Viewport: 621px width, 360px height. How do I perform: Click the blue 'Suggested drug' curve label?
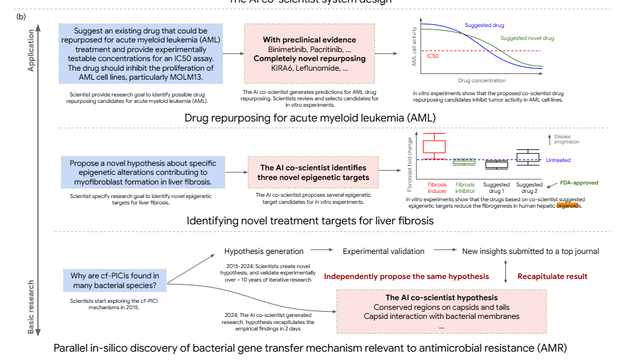click(484, 25)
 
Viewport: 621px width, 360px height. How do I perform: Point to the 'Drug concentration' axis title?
click(482, 80)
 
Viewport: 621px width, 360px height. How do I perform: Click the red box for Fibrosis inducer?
click(434, 146)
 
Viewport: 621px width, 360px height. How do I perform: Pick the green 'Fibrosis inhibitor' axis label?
click(465, 188)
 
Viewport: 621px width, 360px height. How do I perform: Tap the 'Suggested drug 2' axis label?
click(529, 188)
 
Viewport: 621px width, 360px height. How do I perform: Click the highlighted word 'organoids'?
click(569, 206)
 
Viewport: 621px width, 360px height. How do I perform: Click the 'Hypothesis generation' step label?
click(264, 251)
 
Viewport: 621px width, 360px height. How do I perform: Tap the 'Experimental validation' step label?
click(383, 251)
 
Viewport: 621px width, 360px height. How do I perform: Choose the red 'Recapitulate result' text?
click(552, 276)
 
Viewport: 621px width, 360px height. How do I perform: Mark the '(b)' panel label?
click(20, 15)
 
